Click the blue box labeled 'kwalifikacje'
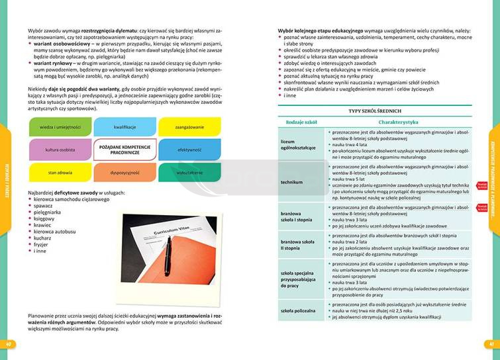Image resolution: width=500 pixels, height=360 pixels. [x=125, y=126]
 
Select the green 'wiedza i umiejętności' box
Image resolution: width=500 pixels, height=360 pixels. [x=60, y=126]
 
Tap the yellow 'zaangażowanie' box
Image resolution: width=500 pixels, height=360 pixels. [x=189, y=126]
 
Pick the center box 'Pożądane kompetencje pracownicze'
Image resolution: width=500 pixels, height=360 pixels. [x=125, y=150]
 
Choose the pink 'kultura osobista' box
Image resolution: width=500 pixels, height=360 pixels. [x=60, y=150]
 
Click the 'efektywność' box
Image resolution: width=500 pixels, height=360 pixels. [x=189, y=150]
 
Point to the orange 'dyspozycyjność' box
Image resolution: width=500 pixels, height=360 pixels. [x=125, y=172]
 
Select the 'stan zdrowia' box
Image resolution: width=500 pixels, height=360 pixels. [x=60, y=172]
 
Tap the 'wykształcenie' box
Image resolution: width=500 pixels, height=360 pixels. [x=189, y=172]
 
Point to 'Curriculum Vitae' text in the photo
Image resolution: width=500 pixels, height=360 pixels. [x=170, y=237]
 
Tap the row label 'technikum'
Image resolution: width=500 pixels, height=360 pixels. [x=292, y=182]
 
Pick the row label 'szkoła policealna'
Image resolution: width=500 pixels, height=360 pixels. [x=297, y=310]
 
